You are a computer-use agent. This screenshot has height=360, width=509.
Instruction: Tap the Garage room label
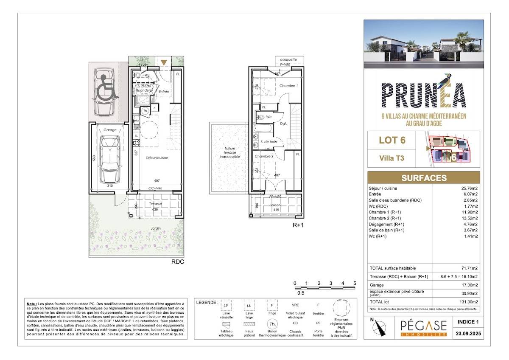110,130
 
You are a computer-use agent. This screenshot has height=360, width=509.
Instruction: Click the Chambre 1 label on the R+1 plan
289,86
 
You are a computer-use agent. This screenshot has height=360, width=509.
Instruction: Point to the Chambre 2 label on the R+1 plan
264,156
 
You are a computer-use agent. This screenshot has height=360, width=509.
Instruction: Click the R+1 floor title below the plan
298,226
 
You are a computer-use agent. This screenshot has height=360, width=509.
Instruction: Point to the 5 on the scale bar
354,283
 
